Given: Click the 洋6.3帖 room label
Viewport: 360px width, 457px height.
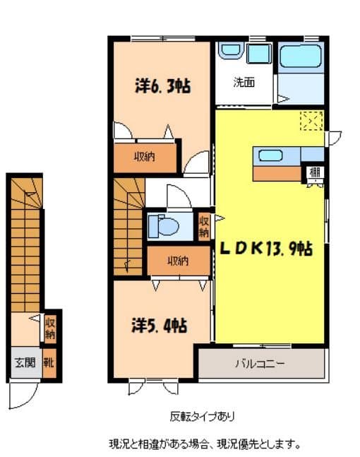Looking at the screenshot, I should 163,87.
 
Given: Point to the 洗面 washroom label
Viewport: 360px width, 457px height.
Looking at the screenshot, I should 244,82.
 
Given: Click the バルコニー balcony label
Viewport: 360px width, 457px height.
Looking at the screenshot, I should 259,364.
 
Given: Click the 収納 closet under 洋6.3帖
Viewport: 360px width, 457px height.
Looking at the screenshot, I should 145,157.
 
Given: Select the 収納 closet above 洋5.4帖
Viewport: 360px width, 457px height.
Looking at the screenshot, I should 178,261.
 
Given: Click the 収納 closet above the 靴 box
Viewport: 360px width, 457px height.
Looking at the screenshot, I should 50,329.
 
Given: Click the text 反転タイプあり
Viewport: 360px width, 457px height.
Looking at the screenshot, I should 203,415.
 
